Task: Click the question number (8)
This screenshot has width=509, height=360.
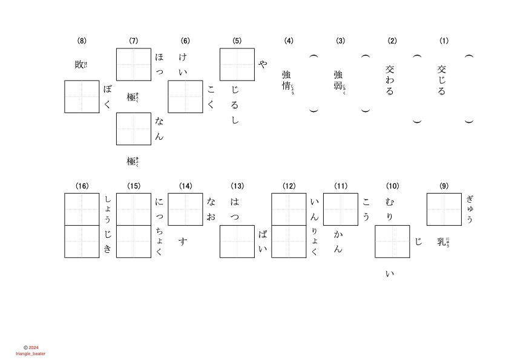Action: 82,41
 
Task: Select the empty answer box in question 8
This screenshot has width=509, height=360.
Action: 82,96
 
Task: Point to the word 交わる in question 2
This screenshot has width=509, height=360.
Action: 390,80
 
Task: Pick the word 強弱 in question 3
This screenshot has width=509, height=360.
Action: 338,80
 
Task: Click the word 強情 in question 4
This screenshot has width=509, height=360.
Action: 286,80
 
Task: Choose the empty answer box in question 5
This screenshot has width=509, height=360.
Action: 237,64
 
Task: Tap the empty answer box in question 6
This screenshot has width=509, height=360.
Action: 185,96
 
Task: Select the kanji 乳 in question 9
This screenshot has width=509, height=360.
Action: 441,242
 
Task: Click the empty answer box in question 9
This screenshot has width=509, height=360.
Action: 444,209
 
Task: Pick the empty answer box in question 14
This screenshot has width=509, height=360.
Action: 185,209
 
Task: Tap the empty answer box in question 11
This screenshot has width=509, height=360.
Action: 341,209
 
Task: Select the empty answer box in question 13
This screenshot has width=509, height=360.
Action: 237,241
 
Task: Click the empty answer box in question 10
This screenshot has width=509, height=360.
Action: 392,241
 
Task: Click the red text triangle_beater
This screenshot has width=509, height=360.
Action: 31,353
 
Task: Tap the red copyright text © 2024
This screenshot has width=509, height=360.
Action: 31,347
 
